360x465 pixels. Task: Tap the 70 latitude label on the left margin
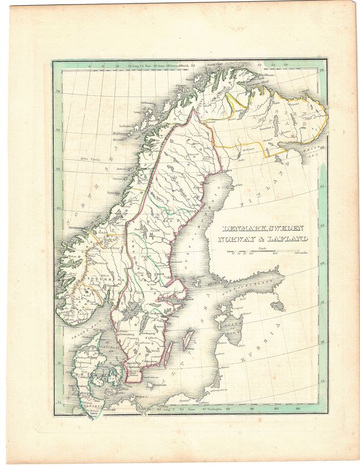pyautogui.click(x=57, y=91)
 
